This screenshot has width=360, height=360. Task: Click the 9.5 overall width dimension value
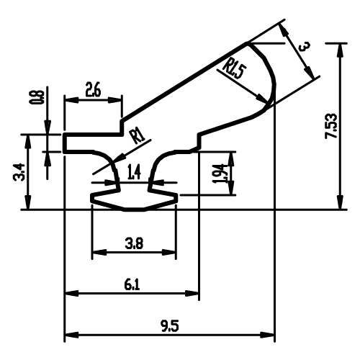(170, 326)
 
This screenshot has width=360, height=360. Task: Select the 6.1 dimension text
(132, 285)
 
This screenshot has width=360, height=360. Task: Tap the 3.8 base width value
(134, 244)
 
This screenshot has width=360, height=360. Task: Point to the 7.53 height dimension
(331, 126)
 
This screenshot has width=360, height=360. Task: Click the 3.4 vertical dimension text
(19, 172)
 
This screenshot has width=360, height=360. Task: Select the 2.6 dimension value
(93, 89)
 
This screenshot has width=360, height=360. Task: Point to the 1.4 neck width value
(134, 172)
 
